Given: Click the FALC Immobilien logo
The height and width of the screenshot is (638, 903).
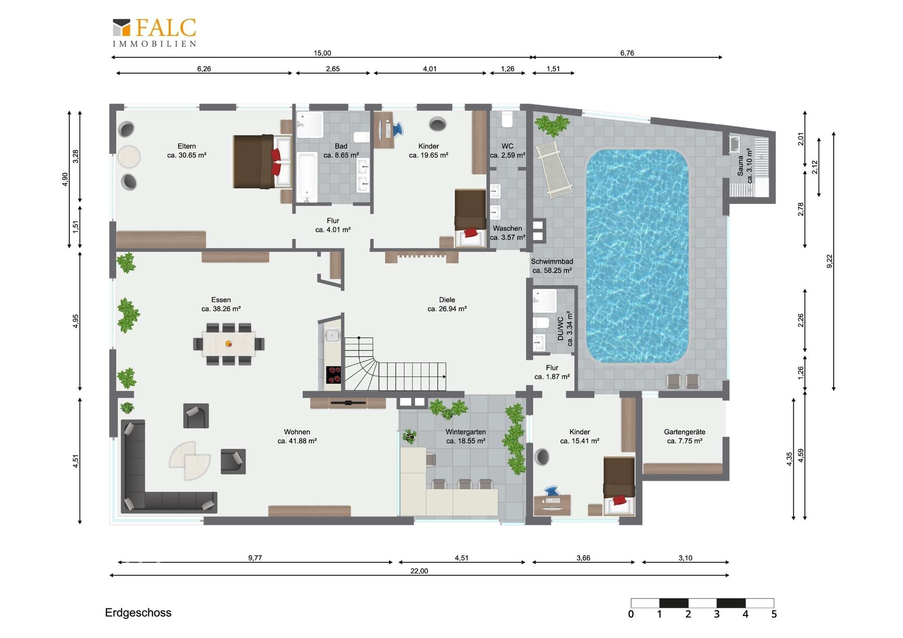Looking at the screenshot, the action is coord(154,32).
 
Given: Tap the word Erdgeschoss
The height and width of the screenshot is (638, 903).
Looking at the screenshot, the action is coord(138,613).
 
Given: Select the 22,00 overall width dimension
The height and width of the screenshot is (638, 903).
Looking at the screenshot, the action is coord(419,571).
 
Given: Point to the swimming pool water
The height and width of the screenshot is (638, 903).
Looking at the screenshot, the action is coord(637,256).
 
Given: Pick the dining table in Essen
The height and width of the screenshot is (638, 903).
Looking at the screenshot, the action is coord(229,344).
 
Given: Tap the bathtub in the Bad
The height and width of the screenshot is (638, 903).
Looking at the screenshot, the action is coord(307,178).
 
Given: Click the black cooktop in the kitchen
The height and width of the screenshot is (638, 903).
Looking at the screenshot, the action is coord(334,375).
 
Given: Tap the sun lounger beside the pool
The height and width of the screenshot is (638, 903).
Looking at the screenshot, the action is coord(554,169).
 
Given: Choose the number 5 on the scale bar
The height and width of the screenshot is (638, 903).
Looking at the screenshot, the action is coord(774,614).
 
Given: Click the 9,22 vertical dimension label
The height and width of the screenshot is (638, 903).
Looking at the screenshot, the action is coord(829,261).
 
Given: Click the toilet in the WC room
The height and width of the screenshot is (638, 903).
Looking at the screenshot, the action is coord(507,119).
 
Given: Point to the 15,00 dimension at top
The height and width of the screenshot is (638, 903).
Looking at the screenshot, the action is coord(322,53).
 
